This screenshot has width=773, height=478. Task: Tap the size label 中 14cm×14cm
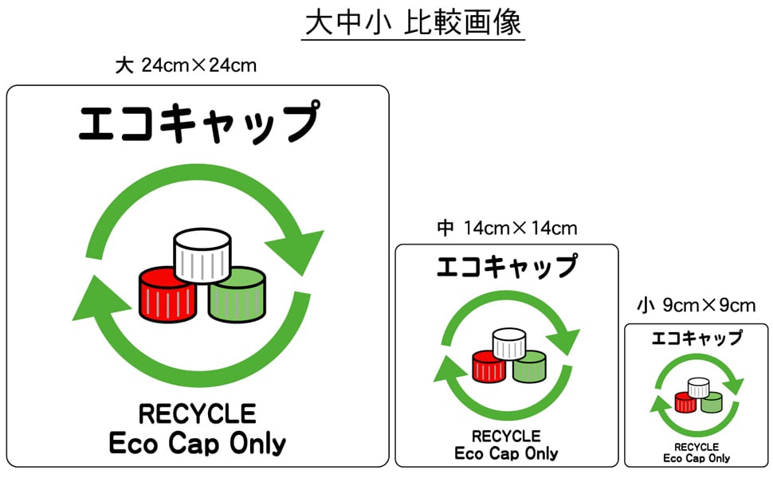(x=507, y=229)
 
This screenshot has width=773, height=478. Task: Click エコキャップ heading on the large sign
(x=198, y=122)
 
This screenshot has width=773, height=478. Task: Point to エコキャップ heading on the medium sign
(x=507, y=265)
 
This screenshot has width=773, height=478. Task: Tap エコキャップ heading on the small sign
(x=696, y=338)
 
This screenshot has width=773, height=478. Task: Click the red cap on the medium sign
(x=488, y=366)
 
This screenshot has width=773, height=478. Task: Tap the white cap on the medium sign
(x=508, y=343)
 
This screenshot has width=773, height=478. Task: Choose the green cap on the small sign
(x=710, y=402)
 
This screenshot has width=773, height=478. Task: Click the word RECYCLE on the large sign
(x=198, y=414)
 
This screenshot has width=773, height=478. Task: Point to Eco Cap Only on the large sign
(x=198, y=444)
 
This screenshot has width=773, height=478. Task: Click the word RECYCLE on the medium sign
(x=506, y=437)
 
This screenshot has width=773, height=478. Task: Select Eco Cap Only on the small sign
(x=696, y=458)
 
